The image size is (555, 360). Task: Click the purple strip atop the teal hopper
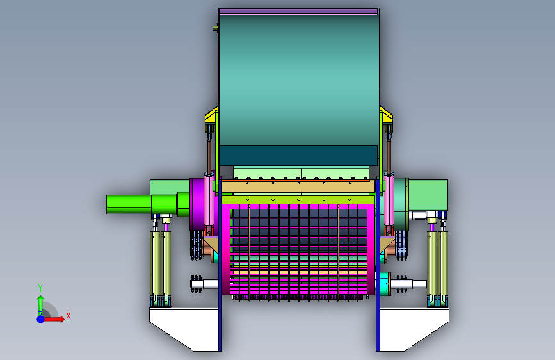tap(298, 12)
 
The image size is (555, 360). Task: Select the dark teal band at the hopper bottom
tap(298, 156)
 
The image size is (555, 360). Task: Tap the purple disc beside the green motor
tap(197, 204)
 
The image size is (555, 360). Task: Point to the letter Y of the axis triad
tap(40, 288)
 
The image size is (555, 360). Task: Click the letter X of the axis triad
tap(68, 316)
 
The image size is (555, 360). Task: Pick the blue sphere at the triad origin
tap(41, 319)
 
